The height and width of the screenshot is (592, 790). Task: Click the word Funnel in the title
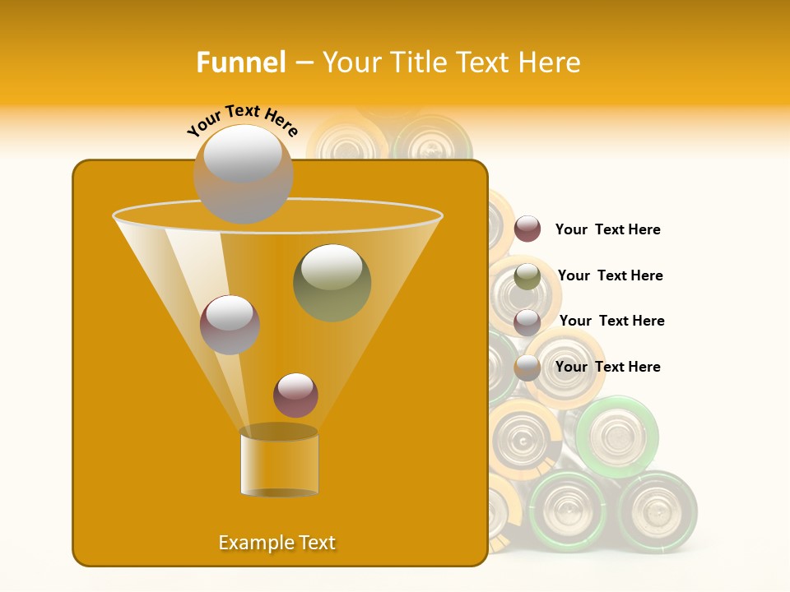pos(241,62)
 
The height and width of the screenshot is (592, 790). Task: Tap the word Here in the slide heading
pos(550,62)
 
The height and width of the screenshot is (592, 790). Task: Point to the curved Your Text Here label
pos(242,120)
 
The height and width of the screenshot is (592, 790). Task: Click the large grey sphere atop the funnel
pos(243,173)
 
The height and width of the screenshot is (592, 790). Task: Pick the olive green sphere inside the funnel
pos(332,283)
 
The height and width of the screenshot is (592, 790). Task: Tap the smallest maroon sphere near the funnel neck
pos(295,395)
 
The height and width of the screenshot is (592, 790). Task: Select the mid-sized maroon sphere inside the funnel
pos(230,325)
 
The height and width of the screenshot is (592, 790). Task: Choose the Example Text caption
pos(277,543)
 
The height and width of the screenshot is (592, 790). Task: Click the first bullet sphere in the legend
pos(527,229)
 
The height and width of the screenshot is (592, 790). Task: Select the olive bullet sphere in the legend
pos(527,277)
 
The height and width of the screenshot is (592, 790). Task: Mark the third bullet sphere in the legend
pos(527,322)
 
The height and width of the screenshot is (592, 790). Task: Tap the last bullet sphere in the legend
pos(527,368)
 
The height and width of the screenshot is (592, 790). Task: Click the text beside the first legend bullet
pos(607,230)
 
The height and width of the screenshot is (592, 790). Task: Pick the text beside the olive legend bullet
pos(610,275)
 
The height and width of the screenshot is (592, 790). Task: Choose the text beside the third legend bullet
pos(611,321)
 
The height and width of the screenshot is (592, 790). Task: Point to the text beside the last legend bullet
pos(607,367)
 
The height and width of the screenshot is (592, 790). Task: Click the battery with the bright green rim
pos(617,436)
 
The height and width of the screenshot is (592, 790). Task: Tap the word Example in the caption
pos(250,543)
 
